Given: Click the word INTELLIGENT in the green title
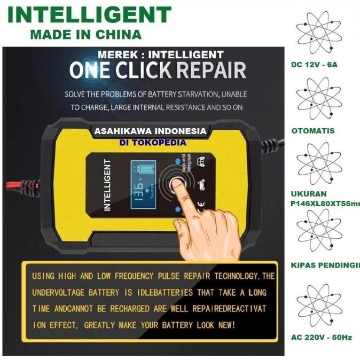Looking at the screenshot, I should click(x=89, y=14).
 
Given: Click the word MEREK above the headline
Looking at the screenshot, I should click(x=116, y=54).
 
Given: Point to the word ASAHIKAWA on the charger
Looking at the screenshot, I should click(x=122, y=131).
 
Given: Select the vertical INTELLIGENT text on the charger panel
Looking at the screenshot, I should click(x=108, y=184).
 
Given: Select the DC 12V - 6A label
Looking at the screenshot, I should click(x=315, y=65).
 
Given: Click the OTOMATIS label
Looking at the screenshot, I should click(x=313, y=130).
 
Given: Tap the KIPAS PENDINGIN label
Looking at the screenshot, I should click(x=325, y=265).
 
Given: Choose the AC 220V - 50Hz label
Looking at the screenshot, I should click(x=322, y=338).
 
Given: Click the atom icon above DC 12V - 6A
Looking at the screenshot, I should click(x=318, y=33).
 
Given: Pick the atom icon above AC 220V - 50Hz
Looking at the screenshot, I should click(x=318, y=306).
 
